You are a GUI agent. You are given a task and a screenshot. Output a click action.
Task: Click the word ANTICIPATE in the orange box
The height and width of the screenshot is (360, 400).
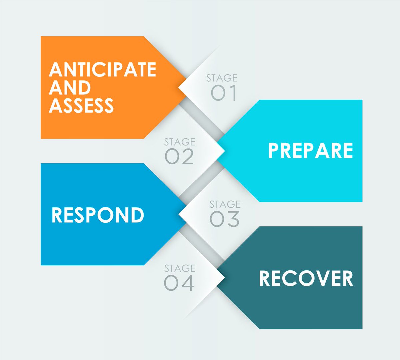pos(102,70)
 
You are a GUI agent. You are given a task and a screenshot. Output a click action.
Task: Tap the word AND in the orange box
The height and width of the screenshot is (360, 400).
pos(70,88)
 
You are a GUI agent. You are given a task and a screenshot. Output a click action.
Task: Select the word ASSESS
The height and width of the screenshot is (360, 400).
pos(81,105)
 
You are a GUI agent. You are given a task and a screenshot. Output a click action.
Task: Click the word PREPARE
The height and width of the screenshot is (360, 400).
pos(310,151)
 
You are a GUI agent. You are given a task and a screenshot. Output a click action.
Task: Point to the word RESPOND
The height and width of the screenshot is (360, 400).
pos(98,215)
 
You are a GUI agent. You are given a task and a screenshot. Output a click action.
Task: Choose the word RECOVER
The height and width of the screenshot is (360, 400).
pos(306,278)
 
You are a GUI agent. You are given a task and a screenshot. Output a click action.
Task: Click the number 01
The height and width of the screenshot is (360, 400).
pos(224,93)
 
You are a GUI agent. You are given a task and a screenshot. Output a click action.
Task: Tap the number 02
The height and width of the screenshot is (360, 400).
pos(179,157)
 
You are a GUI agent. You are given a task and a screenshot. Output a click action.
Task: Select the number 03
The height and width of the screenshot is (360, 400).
pos(224,219)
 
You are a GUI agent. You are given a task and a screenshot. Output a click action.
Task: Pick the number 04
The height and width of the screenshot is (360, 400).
pos(179,283)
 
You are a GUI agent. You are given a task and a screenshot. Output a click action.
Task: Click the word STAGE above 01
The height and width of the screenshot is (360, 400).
pos(222,78)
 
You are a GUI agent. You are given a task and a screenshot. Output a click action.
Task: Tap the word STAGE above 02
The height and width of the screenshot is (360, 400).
pos(179,142)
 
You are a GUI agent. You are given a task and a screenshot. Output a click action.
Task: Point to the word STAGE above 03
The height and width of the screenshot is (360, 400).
pos(225,204)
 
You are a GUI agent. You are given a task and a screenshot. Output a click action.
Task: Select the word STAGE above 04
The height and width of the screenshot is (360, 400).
pos(180,268)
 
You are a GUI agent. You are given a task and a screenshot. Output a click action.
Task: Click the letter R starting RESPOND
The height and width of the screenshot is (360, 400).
pos(57,215)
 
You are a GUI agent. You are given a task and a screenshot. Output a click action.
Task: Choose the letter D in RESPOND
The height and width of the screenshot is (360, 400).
pos(137,215)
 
